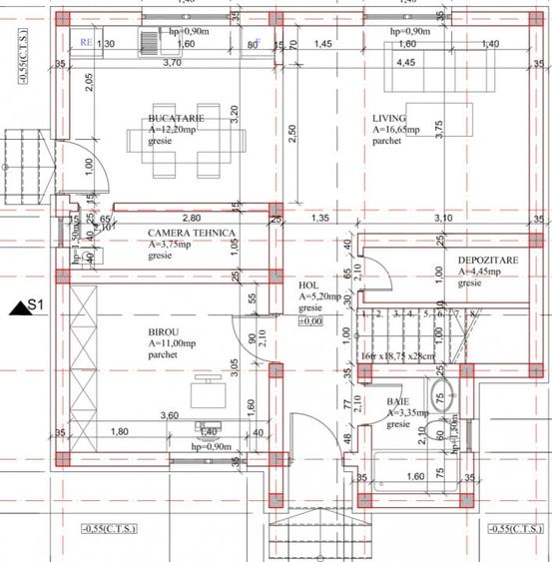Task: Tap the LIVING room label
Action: [x=389, y=117]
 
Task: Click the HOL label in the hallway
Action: [x=307, y=284]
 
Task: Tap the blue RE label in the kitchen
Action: [x=87, y=42]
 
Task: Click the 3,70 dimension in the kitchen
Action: [x=172, y=62]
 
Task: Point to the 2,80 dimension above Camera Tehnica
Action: [x=191, y=218]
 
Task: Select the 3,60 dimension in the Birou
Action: [x=169, y=415]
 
